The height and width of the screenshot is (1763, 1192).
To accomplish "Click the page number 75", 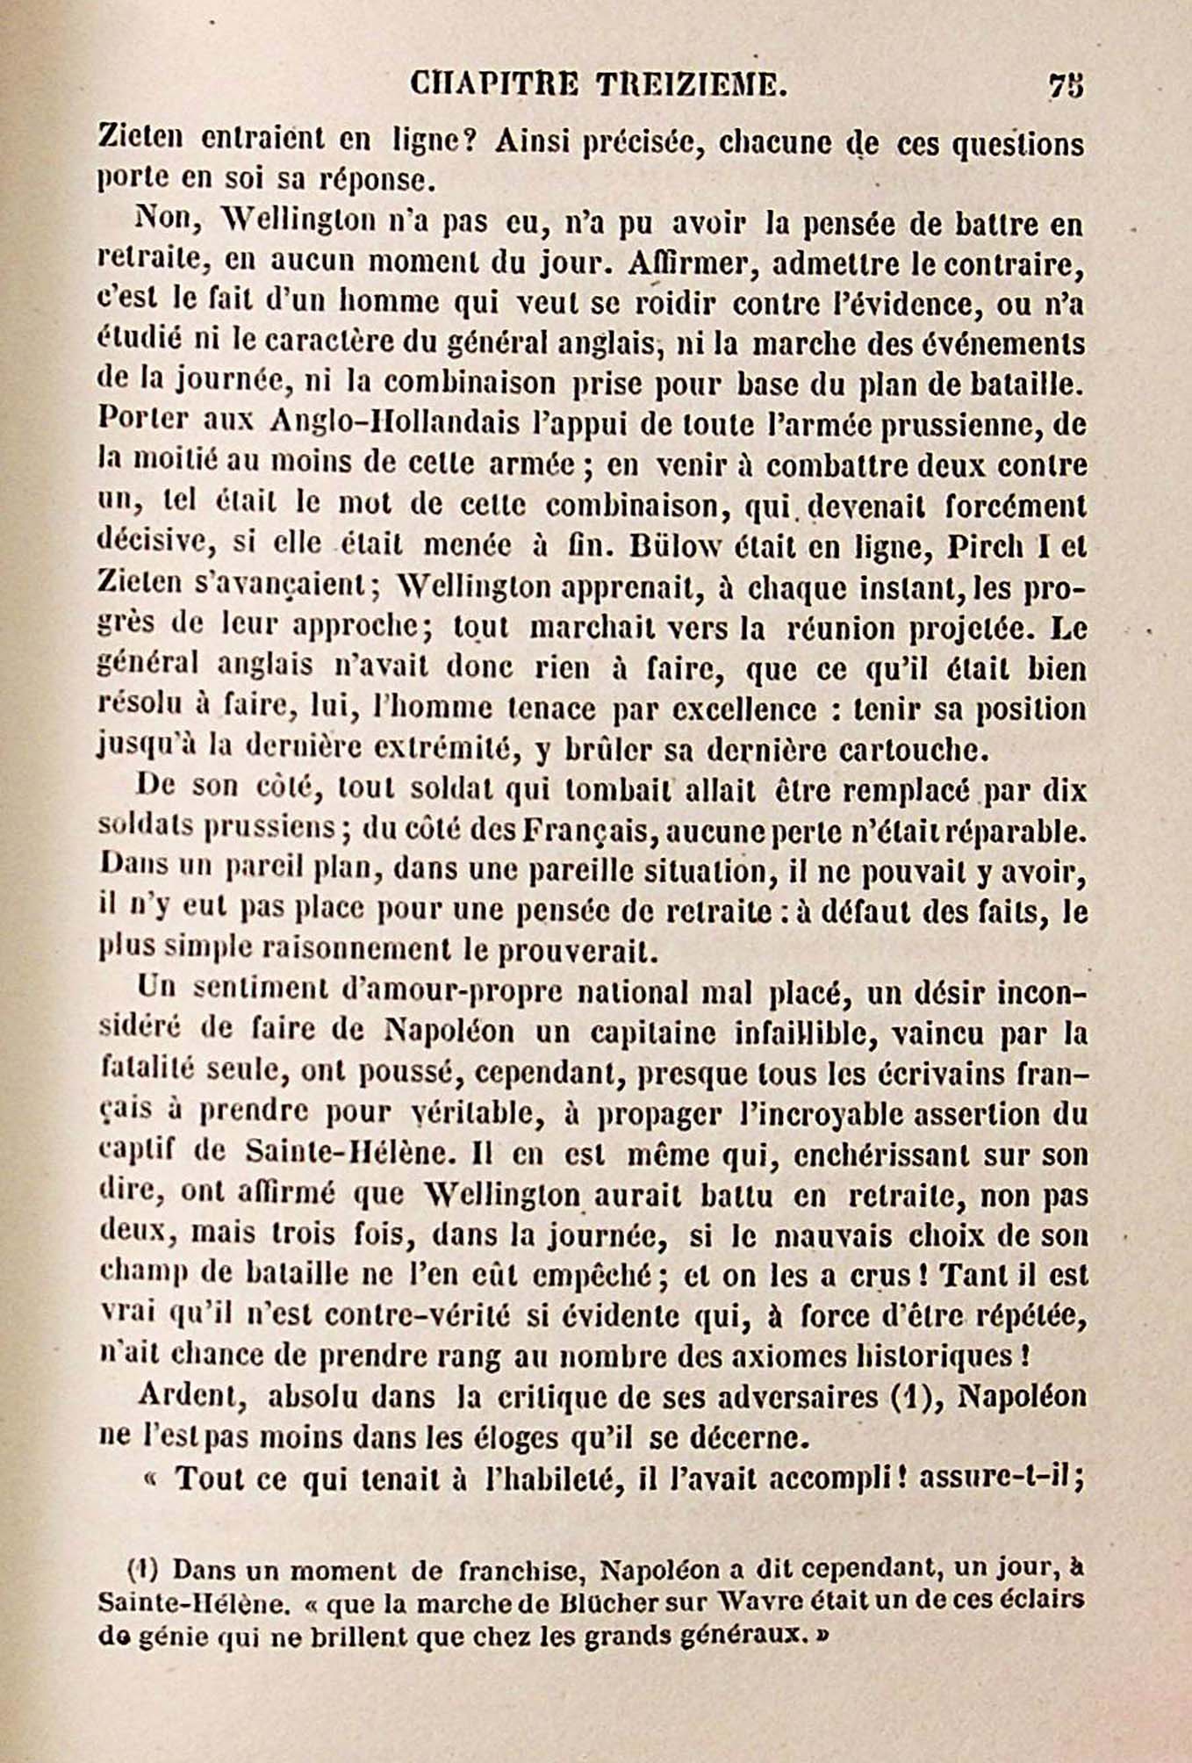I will [1065, 86].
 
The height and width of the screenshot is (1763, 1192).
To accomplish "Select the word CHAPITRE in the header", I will [494, 85].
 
